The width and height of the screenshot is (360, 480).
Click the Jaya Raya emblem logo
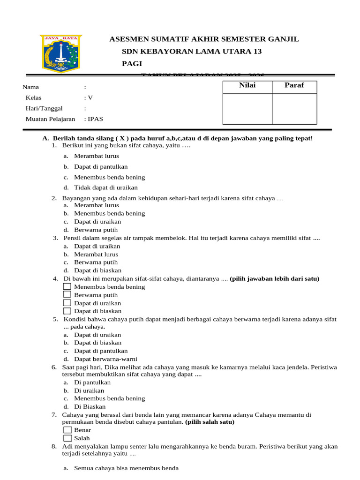[60, 53]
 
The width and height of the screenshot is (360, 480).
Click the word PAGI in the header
[132, 64]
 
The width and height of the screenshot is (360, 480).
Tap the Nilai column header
[247, 85]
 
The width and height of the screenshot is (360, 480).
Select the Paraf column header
[294, 85]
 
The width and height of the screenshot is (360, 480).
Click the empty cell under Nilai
[247, 109]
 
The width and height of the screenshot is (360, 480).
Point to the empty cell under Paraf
[294, 109]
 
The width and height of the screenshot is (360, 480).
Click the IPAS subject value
[95, 119]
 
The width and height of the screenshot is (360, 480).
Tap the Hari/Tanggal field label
[44, 108]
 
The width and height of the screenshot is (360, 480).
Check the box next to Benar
[67, 430]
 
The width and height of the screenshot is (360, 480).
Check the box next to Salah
[67, 438]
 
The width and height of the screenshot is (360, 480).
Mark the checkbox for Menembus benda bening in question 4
[67, 286]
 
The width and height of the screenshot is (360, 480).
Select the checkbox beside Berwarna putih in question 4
[67, 294]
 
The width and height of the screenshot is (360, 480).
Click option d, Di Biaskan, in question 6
[90, 406]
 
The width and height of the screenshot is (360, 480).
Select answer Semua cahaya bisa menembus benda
[126, 468]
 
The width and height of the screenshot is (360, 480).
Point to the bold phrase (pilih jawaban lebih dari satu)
[274, 278]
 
